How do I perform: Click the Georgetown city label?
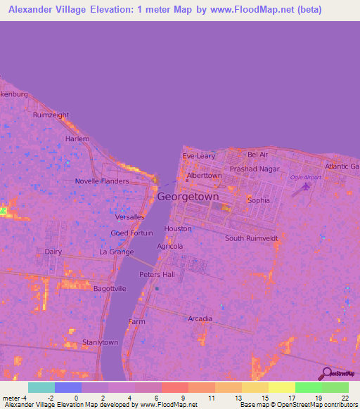(188, 197)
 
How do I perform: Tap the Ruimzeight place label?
(51, 115)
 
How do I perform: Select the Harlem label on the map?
(77, 139)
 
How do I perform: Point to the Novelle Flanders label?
(102, 181)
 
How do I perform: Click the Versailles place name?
(129, 217)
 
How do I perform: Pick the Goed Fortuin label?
(132, 233)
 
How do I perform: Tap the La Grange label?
(116, 252)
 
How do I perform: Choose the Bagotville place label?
(110, 288)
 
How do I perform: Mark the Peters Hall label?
(156, 275)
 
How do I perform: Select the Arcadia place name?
(200, 319)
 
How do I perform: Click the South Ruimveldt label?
(252, 238)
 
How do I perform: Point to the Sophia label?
(258, 200)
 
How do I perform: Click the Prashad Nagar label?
(254, 169)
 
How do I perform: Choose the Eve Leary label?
(199, 155)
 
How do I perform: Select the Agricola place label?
(170, 247)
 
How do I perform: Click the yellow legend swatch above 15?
(255, 387)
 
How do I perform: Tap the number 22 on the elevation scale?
(345, 397)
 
